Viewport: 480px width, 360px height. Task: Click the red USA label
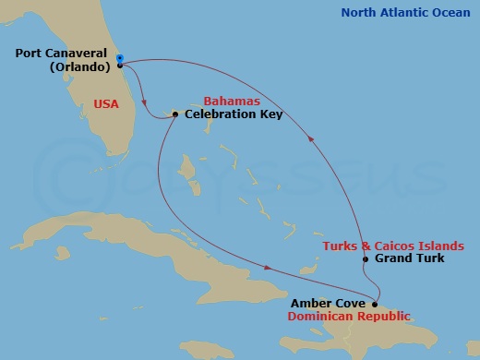coord(107,103)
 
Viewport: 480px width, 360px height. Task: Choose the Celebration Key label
coord(234,114)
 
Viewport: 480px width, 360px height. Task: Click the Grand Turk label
coord(409,258)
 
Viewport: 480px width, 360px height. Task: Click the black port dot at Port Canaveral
coord(120,66)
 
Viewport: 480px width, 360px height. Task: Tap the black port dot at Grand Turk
coord(366,259)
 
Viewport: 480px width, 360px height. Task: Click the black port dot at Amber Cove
coord(375,303)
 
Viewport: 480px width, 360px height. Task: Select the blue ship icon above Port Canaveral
coord(120,57)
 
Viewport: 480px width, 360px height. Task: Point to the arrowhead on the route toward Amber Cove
coord(268,269)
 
